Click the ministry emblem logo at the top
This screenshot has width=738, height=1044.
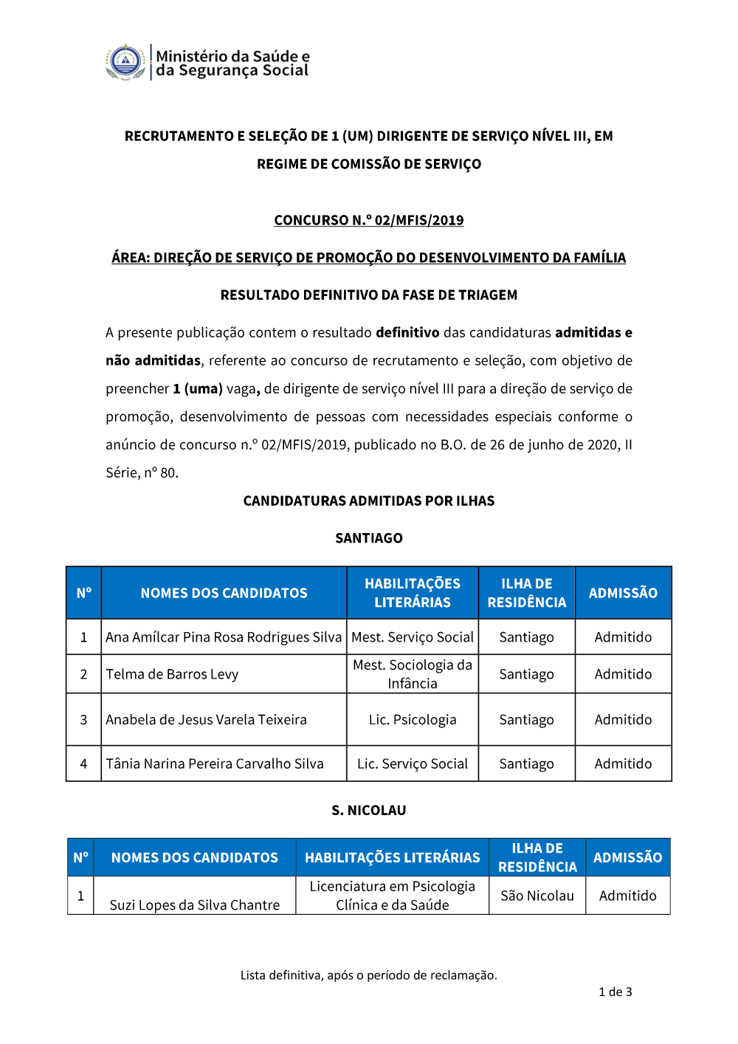coord(125,62)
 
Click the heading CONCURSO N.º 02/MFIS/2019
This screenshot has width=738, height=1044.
coord(369,220)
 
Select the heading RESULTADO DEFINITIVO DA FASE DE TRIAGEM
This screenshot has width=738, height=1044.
coord(369,295)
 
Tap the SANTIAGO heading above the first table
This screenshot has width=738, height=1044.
coord(369,538)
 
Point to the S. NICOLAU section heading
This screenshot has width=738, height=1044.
coord(369,811)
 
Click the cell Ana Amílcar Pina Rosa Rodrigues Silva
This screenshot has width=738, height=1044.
coord(224,637)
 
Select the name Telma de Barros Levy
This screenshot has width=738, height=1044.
coord(173,674)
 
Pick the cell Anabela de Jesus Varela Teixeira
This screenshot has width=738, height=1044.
coord(207,720)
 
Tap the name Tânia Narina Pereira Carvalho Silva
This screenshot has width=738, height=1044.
coord(215,764)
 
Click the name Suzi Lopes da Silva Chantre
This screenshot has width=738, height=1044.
coord(195,905)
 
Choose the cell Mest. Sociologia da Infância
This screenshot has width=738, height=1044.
coord(413,674)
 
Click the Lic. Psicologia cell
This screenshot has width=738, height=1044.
coord(413,720)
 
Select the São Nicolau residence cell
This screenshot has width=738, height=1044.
coord(537,896)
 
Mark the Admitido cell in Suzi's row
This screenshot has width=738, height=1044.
coord(628,896)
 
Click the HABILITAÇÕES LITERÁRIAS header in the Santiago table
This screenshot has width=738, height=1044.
coord(413,593)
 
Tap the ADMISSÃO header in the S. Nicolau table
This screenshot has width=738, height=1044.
coord(628,857)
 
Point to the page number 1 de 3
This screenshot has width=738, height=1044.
coord(615,992)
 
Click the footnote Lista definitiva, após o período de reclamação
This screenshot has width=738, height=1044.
coord(369,975)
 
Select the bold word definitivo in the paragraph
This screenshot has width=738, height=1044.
coord(407,333)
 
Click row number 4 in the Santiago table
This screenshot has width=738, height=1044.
coord(83,764)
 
